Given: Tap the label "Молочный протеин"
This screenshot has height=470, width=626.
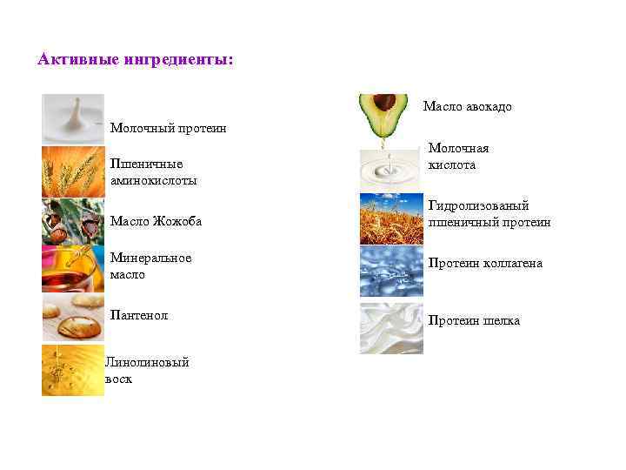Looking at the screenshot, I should click(x=168, y=129).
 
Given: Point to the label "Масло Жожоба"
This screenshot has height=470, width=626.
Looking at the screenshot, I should click(x=156, y=221).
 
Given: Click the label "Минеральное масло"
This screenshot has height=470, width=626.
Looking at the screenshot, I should click(x=150, y=266).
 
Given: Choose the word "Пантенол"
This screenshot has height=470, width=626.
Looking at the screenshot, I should click(x=139, y=315).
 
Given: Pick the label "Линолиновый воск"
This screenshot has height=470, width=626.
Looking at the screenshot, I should click(x=147, y=371).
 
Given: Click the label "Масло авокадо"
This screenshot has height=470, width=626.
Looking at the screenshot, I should click(x=467, y=107).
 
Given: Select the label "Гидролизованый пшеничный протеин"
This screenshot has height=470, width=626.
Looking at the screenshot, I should click(x=489, y=214).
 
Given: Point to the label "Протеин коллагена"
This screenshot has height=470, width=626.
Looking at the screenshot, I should click(x=484, y=264).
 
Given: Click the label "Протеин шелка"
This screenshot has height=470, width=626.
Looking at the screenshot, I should click(x=474, y=321).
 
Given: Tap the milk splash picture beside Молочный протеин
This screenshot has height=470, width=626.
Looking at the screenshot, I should click(x=72, y=118).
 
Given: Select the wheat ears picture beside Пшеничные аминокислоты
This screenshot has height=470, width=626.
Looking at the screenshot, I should click(x=72, y=171).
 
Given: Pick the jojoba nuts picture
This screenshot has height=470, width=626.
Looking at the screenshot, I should click(x=72, y=221).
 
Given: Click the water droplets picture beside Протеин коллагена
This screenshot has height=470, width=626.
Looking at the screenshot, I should click(x=391, y=271).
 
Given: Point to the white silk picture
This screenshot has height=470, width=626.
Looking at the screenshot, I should click(x=391, y=328).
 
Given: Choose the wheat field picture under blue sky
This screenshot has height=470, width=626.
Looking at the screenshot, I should click(x=391, y=218).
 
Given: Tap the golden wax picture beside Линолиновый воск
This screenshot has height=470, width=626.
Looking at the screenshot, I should click(x=72, y=370).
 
